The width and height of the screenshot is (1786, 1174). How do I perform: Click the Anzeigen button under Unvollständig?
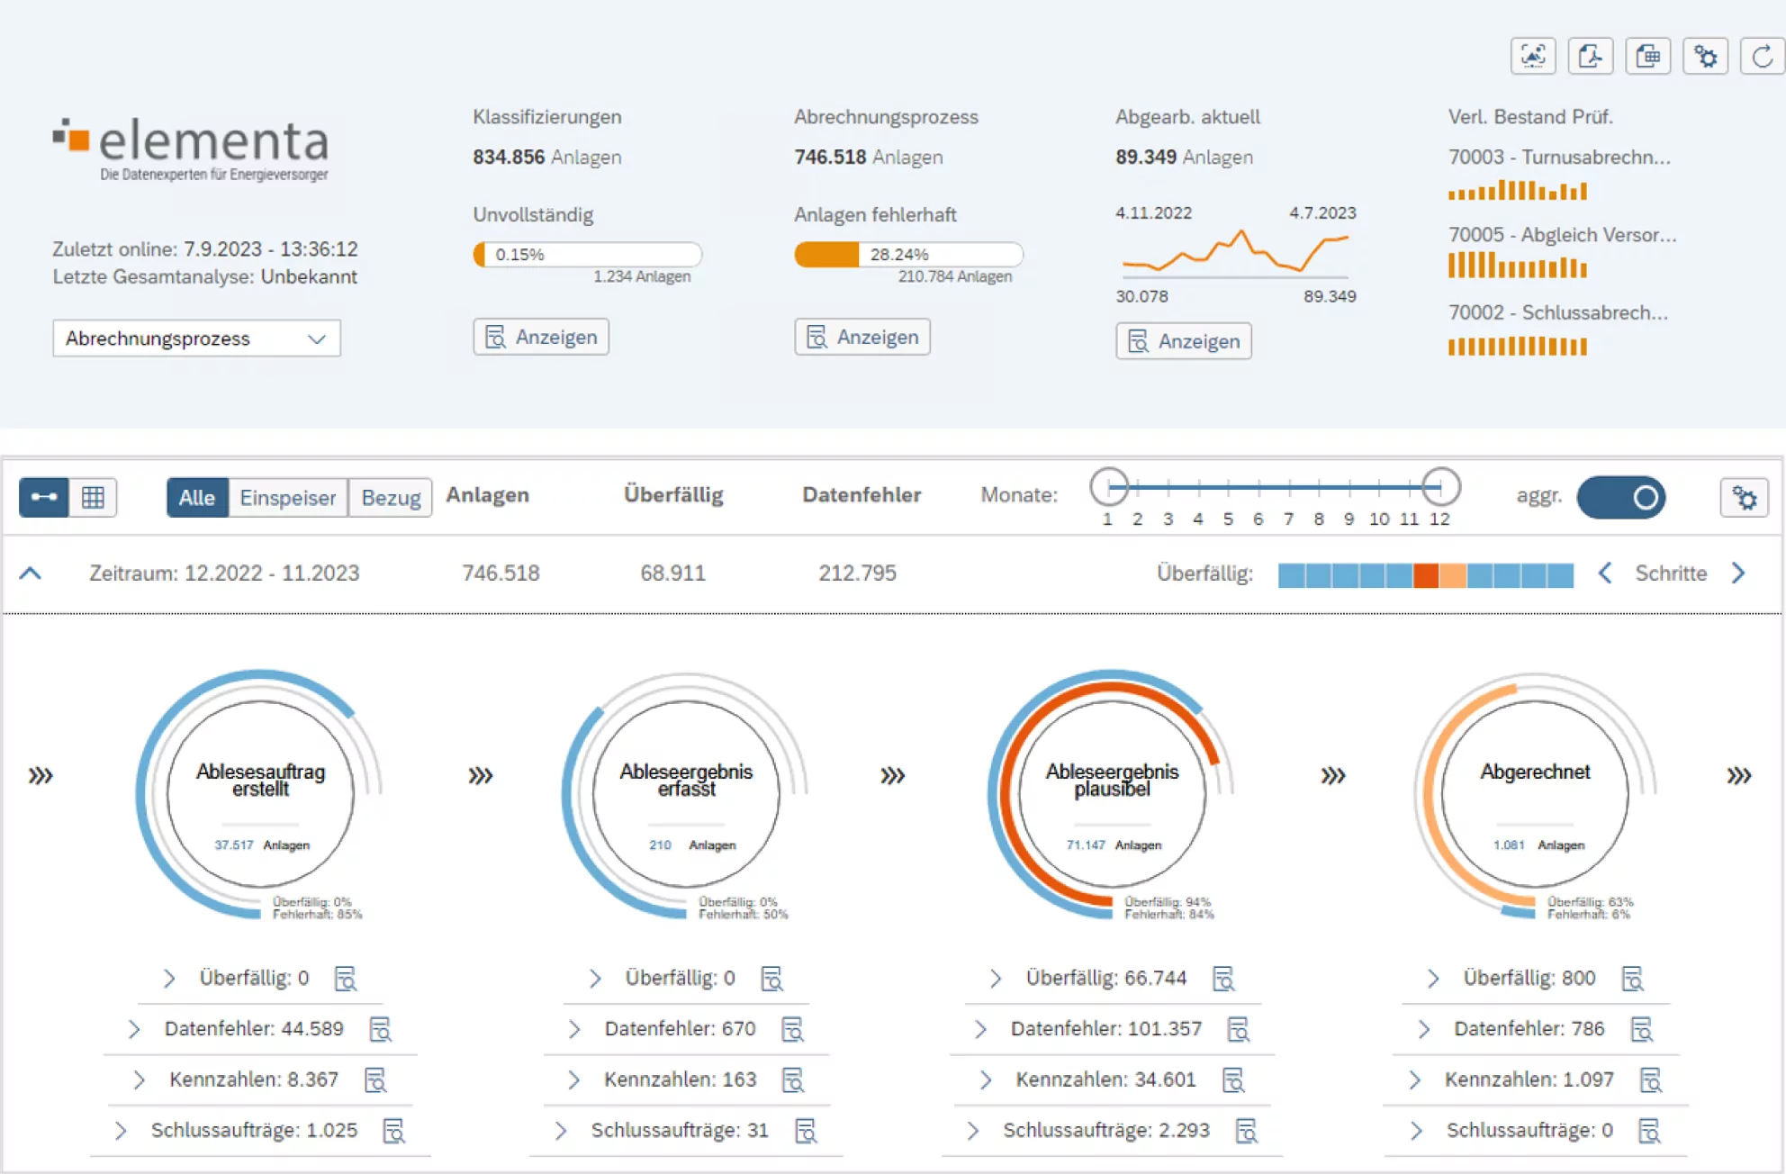coord(541,337)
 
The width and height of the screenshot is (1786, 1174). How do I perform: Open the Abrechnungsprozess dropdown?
coord(196,339)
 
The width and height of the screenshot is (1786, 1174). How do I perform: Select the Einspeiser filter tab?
coord(287,498)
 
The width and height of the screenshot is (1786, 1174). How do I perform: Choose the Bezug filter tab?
coord(391,498)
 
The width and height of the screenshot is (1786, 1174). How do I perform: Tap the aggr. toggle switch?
coord(1621,498)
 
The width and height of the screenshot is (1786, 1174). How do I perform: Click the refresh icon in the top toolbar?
coord(1762,57)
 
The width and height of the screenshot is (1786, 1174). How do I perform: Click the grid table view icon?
coord(93,498)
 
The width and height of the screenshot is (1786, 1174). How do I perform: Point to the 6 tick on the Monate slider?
coord(1258,519)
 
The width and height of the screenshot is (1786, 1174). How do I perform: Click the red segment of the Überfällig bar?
coord(1425,574)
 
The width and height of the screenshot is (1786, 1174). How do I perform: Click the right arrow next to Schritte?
coord(1738,573)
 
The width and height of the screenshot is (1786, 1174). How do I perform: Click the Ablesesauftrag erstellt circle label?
coord(260,780)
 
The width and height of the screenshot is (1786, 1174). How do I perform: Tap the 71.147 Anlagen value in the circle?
coord(1113,844)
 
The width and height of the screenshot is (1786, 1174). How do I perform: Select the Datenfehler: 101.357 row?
coord(1105,1028)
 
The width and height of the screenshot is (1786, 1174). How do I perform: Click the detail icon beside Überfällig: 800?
coord(1632,979)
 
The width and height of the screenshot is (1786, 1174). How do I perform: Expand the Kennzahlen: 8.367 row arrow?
coord(139,1079)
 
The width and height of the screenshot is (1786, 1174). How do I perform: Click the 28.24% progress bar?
coord(907,255)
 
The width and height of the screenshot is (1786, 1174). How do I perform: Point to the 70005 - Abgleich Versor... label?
coord(1562,235)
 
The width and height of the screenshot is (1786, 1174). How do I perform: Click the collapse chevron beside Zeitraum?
coord(31,573)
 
